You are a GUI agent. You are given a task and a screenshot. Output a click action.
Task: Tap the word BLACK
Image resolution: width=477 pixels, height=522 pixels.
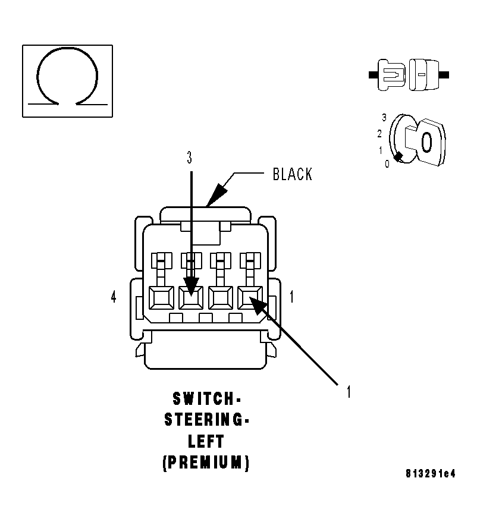coord(292,174)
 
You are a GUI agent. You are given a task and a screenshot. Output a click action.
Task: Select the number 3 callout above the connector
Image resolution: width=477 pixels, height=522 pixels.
coord(190,158)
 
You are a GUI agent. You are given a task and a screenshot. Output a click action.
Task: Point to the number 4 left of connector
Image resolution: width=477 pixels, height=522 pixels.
coord(114,297)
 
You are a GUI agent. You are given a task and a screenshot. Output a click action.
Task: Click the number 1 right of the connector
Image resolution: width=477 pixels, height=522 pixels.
coord(291,297)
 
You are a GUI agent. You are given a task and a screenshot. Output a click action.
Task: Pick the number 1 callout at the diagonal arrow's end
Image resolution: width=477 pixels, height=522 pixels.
coord(349,392)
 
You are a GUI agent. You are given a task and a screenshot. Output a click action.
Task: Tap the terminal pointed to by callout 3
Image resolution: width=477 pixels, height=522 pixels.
coord(191,297)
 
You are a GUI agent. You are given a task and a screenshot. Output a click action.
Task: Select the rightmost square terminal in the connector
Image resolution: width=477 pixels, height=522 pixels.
coord(250,297)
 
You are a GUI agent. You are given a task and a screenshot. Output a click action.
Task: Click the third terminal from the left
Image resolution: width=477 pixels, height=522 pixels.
coord(221,297)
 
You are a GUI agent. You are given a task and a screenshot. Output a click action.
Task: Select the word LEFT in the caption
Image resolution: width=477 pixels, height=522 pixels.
coord(206,441)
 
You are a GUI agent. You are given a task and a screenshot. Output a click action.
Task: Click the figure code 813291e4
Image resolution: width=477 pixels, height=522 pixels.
coord(431,474)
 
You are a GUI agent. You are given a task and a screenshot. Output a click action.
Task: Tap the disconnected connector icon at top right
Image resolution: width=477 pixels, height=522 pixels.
coord(409,76)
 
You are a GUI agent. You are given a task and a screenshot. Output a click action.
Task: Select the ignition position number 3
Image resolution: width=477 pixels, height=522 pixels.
coord(384,118)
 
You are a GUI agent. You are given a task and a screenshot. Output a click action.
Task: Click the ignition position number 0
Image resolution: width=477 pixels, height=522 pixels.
coord(387,164)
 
